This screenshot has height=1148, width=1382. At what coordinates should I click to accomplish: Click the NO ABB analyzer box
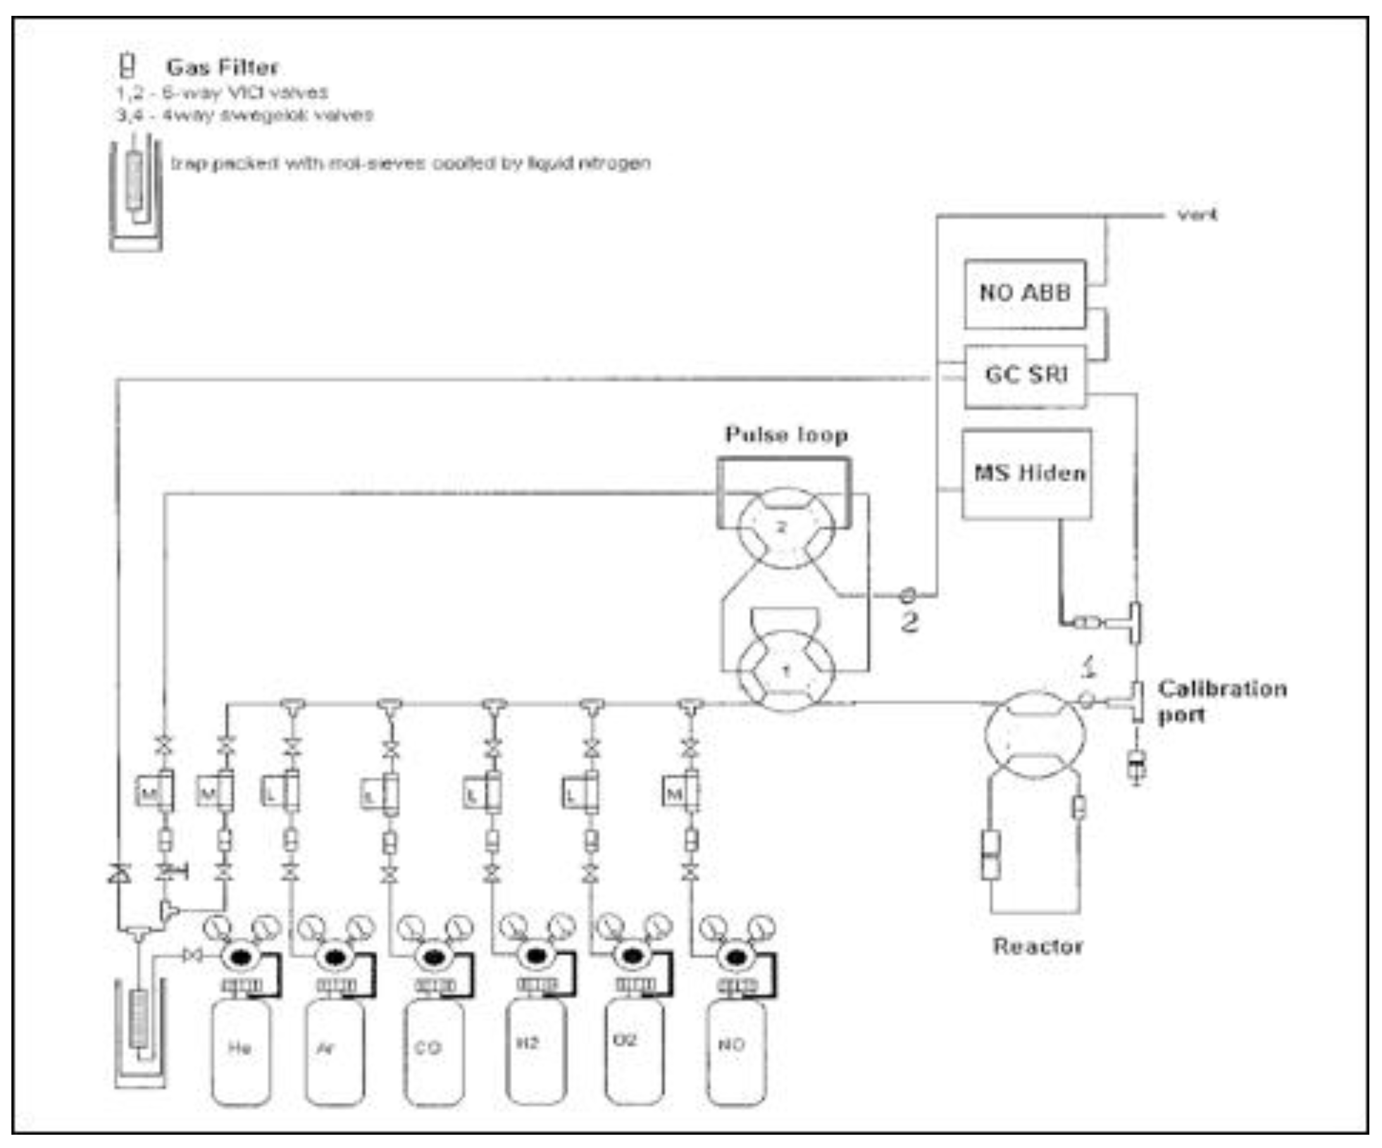[1024, 294]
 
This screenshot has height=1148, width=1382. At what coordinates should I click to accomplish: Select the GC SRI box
[1024, 376]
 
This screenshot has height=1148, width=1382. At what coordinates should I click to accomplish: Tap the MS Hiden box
[1027, 474]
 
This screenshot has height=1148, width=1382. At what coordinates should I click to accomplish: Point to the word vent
[1197, 215]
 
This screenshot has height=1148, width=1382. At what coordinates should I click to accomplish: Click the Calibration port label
[1221, 702]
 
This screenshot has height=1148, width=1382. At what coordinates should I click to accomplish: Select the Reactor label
[1037, 947]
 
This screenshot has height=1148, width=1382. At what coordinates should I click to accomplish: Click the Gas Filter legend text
[221, 67]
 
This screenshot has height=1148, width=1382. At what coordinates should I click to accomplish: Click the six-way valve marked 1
[786, 671]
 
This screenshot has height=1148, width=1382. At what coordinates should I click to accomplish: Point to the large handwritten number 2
[909, 622]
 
